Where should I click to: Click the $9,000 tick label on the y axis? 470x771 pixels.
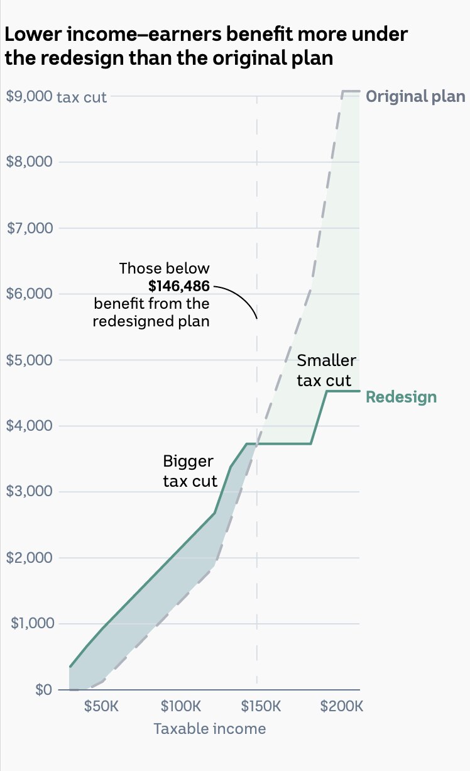29,97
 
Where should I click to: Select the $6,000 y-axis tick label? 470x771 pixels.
29,294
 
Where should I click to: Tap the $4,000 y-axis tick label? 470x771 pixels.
29,426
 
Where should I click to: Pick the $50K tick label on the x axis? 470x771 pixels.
101,706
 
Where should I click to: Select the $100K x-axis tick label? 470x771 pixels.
181,706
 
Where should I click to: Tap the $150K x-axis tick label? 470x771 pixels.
261,706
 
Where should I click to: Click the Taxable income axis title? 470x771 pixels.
209,729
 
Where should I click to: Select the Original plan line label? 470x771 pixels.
415,96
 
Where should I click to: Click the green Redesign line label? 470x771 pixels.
401,397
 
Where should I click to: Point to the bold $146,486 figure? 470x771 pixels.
179,287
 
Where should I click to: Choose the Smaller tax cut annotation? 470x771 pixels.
325,371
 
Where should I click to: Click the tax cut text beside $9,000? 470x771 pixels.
82,97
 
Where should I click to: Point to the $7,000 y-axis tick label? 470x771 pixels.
29,228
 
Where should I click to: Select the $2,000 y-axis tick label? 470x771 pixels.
29,558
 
